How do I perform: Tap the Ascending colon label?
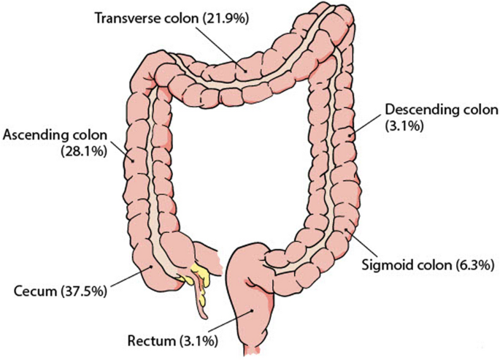[55, 136]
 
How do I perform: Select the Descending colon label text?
[441, 110]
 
